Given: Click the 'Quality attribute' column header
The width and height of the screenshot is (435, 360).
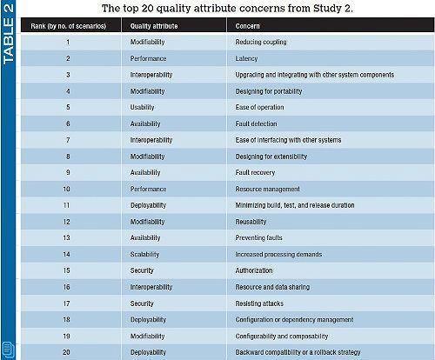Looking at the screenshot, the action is pos(154,26).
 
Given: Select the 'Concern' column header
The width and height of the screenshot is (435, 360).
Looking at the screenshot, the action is pos(247,26).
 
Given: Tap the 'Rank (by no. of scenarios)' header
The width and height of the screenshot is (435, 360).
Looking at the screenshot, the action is pos(69,26).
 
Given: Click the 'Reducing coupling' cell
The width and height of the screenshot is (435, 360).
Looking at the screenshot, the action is pos(261,42).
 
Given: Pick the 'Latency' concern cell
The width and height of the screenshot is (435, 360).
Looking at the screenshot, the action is pos(246,58).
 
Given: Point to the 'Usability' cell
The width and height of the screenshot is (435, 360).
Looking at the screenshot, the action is pos(142,107).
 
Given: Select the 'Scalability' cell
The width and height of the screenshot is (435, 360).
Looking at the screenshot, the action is pos(144,255).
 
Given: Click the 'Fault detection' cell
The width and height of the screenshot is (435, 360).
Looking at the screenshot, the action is pos(256,123).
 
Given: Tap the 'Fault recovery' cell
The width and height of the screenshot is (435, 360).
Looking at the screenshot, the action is pos(255,172).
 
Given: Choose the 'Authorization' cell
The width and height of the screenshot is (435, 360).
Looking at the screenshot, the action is pos(254,270).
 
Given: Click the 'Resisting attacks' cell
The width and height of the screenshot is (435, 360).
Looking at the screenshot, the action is pos(259,303).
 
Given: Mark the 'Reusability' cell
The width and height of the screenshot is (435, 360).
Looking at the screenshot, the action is pos(251,222).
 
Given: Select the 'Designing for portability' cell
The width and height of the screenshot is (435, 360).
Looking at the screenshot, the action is pos(269,91).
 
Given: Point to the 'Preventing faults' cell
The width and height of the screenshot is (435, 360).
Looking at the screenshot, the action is pos(258,238).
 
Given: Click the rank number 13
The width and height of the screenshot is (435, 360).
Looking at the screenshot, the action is pos(66,238).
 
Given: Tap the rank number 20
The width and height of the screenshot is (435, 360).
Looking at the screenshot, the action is pos(66,352).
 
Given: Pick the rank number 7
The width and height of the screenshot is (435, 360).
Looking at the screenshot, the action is pos(68,140).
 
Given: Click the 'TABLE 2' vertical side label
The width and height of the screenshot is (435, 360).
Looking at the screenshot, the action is pos(8,34).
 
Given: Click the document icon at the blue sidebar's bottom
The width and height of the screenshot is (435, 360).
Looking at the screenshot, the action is pos(8,350).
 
